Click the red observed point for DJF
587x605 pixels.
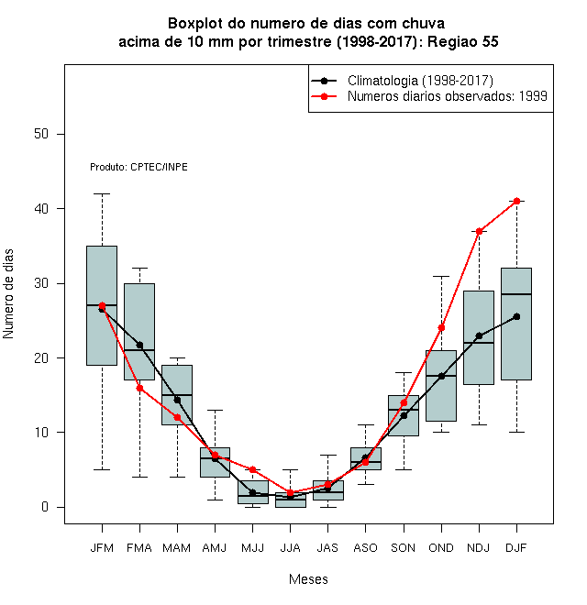[516, 201]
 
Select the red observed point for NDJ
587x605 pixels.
[480, 232]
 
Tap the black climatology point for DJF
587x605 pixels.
[516, 317]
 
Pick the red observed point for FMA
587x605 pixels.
[139, 388]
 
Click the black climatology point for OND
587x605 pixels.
[441, 376]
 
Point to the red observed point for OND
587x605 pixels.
[441, 328]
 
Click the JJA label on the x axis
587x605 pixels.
[290, 548]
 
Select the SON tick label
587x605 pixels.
[404, 548]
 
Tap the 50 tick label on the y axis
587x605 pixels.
[41, 134]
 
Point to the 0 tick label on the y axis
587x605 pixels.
[45, 507]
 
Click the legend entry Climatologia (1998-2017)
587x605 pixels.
[402, 81]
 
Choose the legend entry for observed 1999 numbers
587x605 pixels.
[429, 96]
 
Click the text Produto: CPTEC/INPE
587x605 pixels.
[138, 167]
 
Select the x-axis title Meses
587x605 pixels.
[308, 579]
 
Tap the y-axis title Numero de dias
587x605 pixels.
[8, 294]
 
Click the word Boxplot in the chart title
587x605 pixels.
[195, 24]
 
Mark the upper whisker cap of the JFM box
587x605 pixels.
[102, 193]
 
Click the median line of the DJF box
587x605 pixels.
[516, 294]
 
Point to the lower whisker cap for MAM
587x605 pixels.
[177, 477]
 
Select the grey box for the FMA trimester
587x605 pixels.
[139, 332]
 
